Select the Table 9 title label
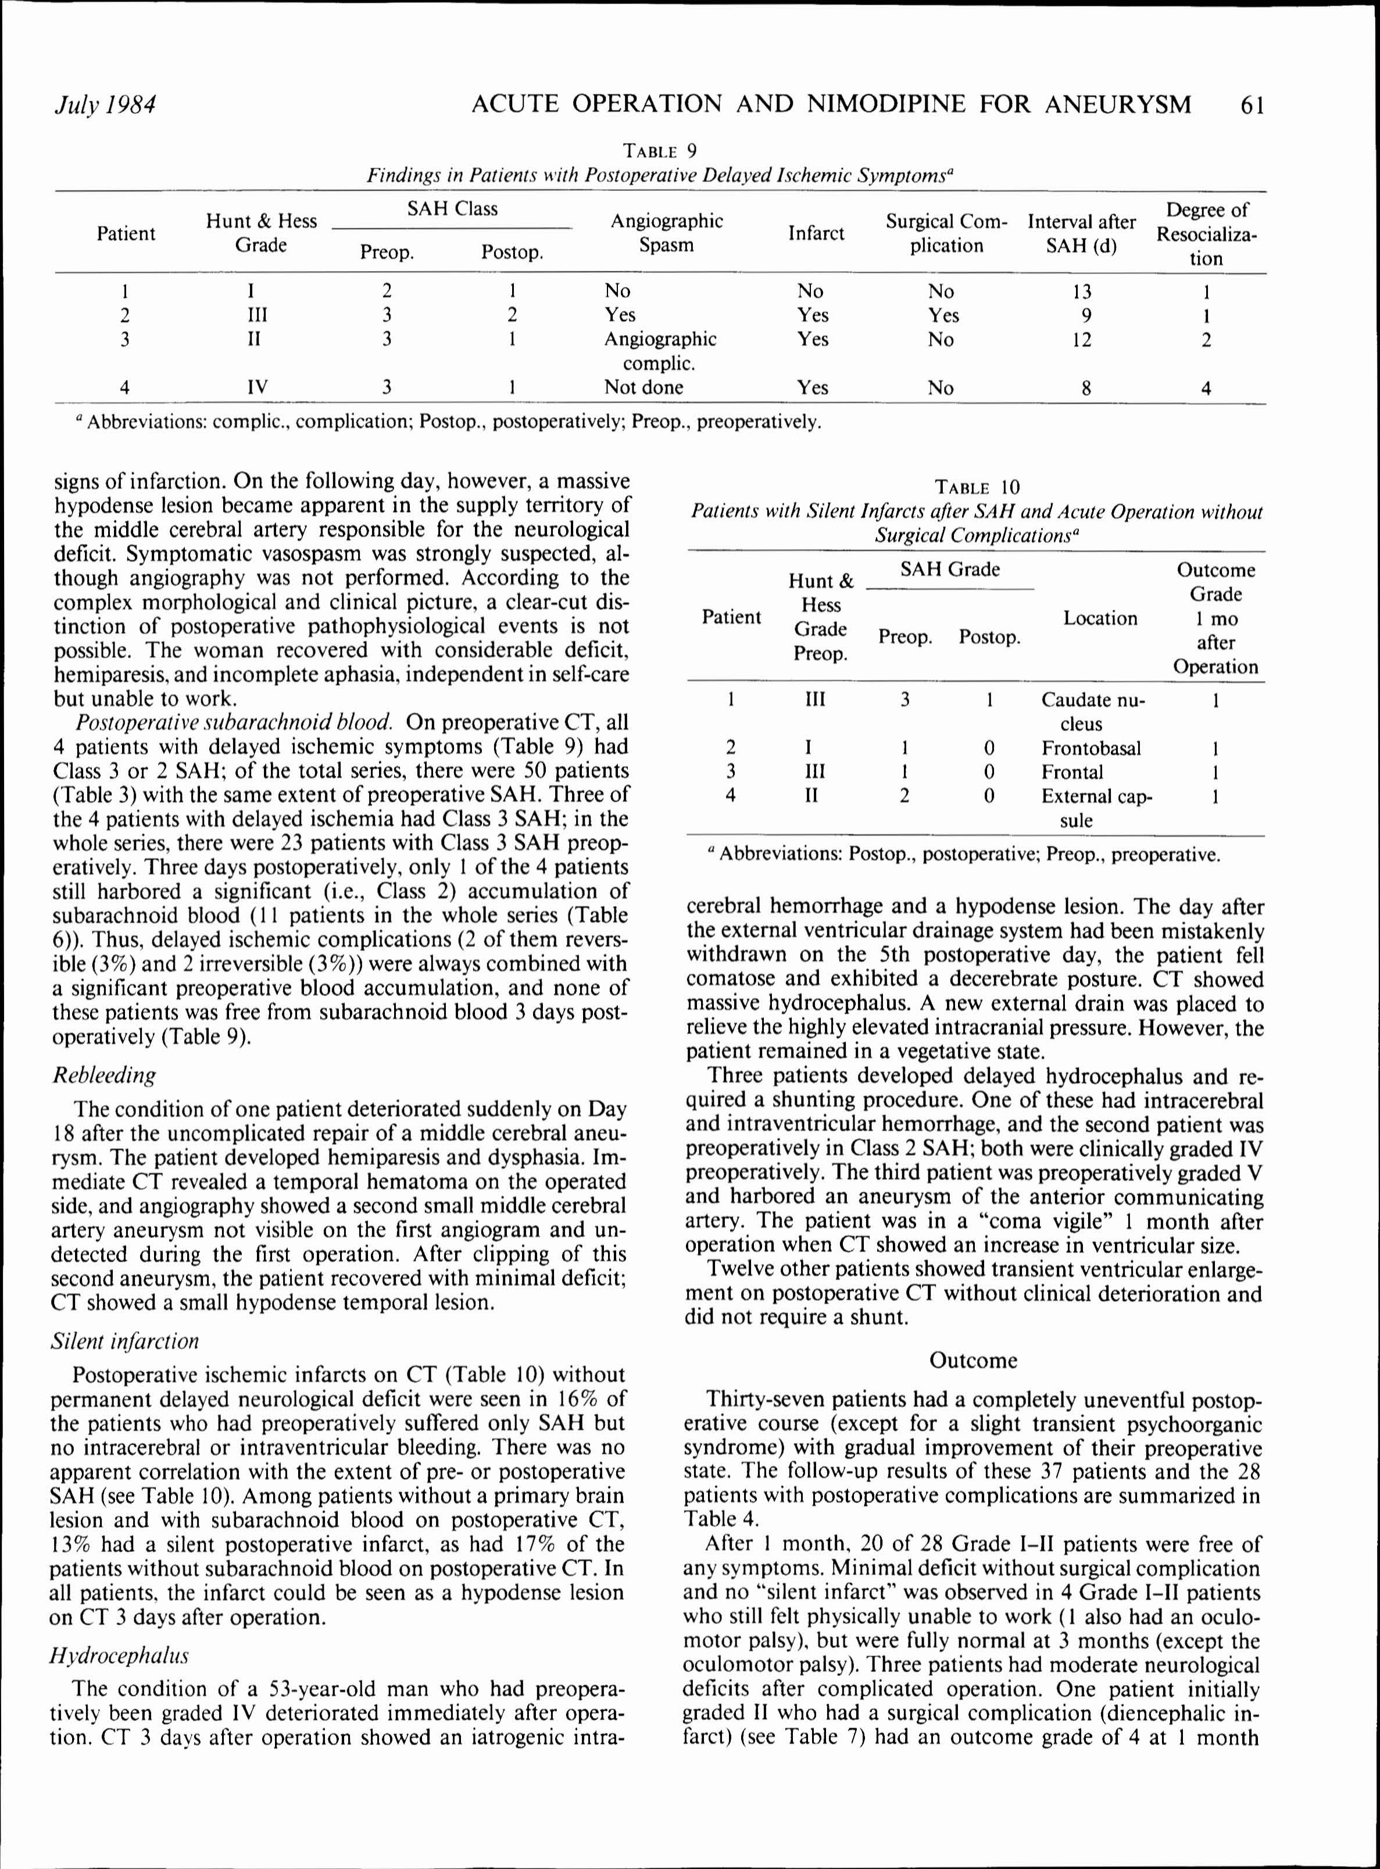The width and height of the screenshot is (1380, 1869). coord(660,151)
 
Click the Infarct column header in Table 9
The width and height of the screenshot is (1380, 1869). coord(816,233)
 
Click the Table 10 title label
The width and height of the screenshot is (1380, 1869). coord(977,487)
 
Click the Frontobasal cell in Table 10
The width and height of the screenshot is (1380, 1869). coord(1090,749)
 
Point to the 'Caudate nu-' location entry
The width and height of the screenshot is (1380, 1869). coord(1093,700)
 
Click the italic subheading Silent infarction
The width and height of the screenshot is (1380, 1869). coord(126,1341)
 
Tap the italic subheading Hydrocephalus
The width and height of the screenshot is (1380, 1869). coord(119,1655)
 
